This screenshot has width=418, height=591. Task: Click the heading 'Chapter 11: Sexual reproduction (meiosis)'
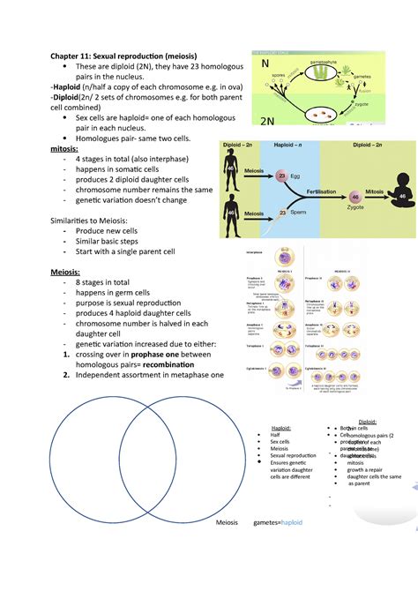click(x=128, y=56)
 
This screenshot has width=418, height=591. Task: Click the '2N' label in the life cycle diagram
click(x=270, y=122)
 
